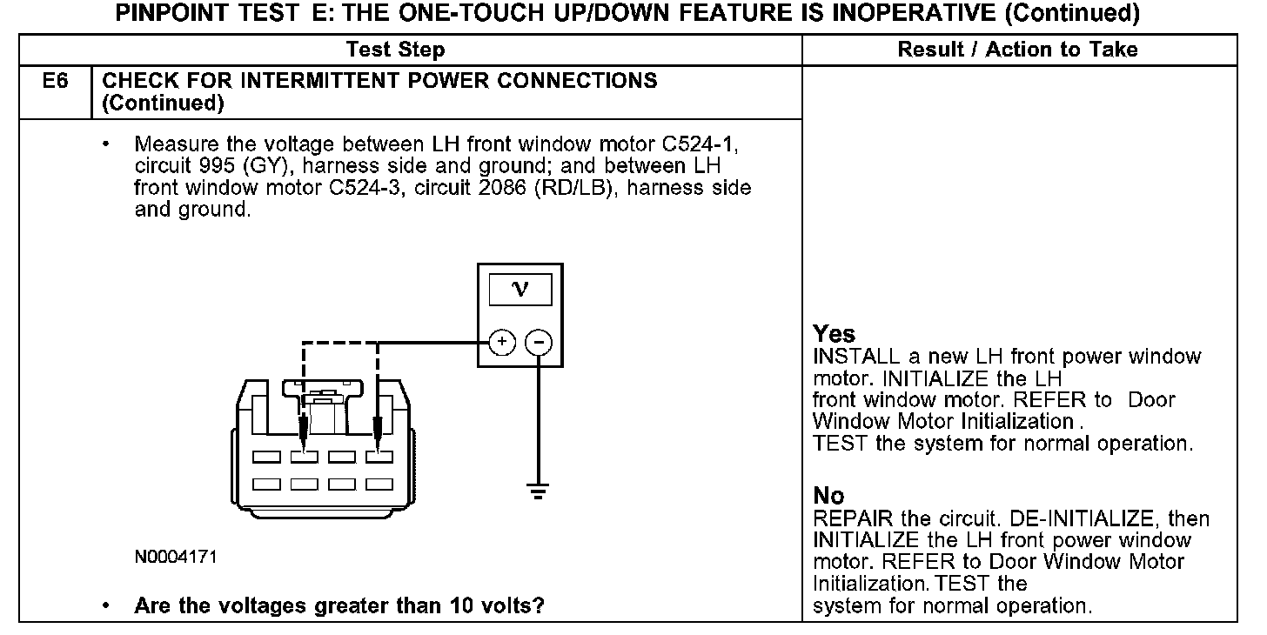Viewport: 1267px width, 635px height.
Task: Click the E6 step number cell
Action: [x=55, y=81]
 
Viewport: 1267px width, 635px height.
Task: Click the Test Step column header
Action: [x=395, y=50]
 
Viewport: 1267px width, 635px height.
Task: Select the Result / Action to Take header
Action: [x=1017, y=50]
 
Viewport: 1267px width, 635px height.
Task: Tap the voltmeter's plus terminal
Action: [x=501, y=343]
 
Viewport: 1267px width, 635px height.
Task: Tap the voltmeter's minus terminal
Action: [x=539, y=343]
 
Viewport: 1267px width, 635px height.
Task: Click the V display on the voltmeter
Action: [x=520, y=289]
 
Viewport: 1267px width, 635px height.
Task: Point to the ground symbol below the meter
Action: [x=539, y=492]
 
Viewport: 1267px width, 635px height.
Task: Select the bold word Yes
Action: [x=834, y=334]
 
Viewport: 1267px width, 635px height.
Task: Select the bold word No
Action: [x=828, y=496]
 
